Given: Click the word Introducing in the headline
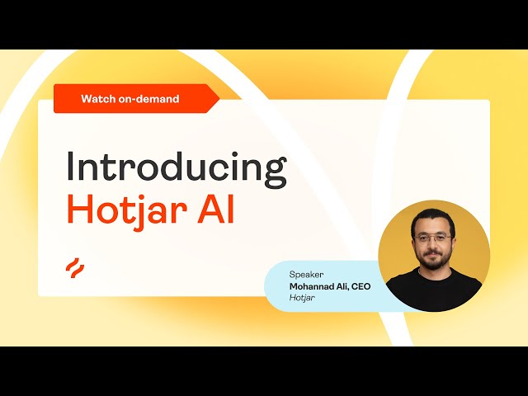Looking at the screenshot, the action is tap(177, 168).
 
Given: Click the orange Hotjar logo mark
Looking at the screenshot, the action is tap(75, 268).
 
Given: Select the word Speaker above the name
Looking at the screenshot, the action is tap(306, 275).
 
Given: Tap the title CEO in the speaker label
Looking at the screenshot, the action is tap(361, 286).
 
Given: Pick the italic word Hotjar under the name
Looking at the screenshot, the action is tap(302, 298).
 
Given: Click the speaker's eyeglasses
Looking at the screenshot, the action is tap(433, 238).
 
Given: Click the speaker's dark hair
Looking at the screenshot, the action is tap(433, 217).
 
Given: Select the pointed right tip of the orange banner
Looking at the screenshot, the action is tap(219, 99).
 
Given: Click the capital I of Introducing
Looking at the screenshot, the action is tap(70, 166).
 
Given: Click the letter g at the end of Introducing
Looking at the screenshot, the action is tap(275, 172).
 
